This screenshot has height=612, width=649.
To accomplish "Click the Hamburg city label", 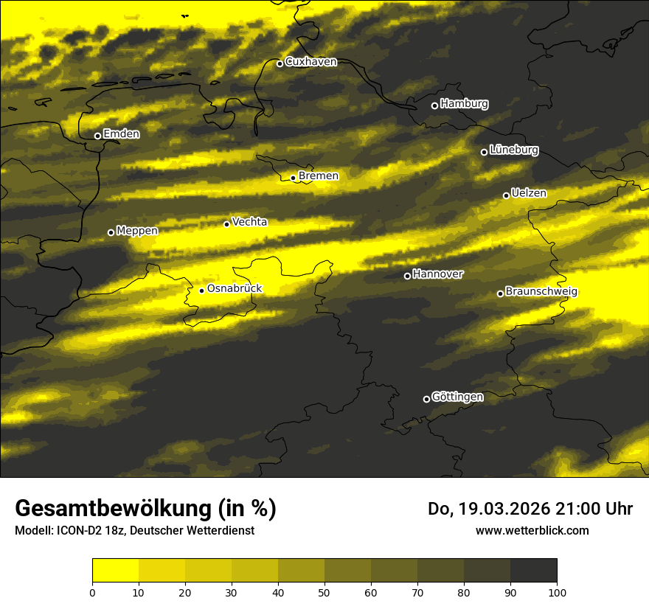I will coord(464,104).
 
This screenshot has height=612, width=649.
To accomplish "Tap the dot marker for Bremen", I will coord(293,178).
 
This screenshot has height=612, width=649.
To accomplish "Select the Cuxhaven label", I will coord(310,62).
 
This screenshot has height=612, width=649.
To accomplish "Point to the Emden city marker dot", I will coord(97,136).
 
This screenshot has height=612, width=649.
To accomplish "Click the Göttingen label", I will coord(457,397).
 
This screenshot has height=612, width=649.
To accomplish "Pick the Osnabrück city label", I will coord(235,289).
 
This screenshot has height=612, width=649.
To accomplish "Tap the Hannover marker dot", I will coord(407,276).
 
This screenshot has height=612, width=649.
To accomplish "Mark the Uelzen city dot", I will coord(506,195).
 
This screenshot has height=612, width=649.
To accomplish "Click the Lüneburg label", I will coord(513,150).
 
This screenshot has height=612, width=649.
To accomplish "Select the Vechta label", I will coord(249,222).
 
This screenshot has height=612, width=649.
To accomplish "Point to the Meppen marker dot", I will coord(111,232).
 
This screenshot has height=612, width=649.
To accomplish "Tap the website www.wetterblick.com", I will coord(532,530).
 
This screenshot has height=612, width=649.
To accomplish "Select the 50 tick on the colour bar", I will coord(324,592).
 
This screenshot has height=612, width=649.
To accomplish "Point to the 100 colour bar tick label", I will coord(557,592).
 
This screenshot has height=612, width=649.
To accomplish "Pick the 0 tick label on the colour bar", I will coord(92,592).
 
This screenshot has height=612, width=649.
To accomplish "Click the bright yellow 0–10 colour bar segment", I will coord(115,571).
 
